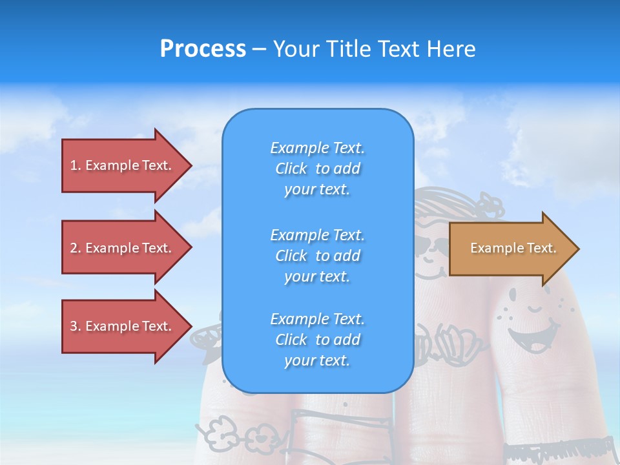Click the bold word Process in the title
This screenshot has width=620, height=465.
tap(203, 49)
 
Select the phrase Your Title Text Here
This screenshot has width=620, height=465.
tap(374, 49)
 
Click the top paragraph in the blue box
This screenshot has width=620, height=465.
tap(318, 169)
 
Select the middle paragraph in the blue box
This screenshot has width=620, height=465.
tap(318, 256)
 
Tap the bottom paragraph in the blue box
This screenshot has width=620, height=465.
tap(318, 340)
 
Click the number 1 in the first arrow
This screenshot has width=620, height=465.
tap(74, 165)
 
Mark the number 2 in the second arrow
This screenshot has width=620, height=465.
tap(74, 248)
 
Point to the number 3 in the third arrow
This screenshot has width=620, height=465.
tap(74, 326)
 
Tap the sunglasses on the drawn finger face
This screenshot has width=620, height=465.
tap(431, 246)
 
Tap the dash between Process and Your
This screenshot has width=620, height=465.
tap(260, 50)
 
